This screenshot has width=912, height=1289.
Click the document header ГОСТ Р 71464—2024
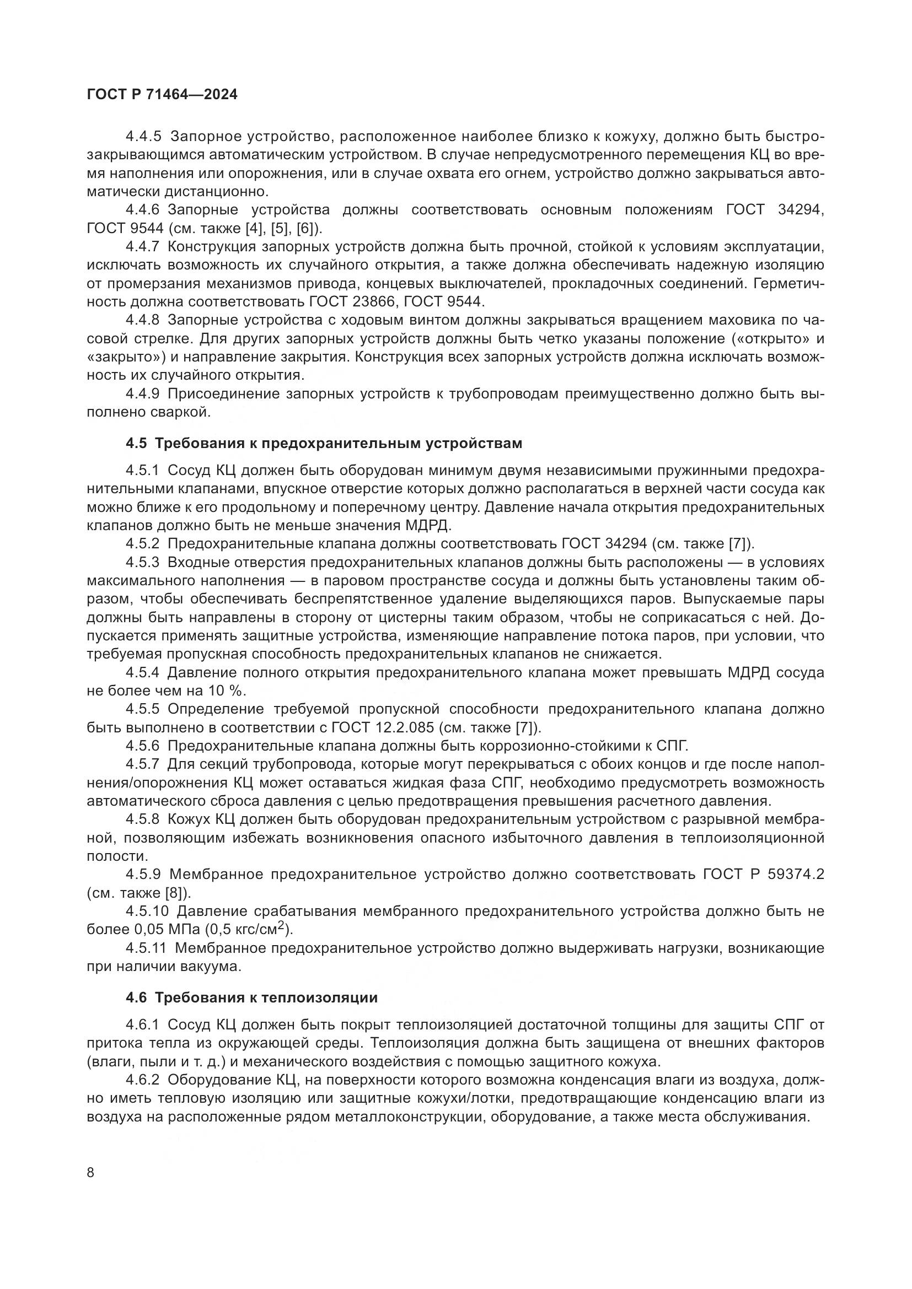pyautogui.click(x=162, y=95)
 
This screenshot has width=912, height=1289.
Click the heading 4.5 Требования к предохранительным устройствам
pyautogui.click(x=324, y=444)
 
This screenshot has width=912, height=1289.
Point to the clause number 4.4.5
pyautogui.click(x=143, y=137)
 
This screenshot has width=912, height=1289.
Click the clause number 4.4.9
pyautogui.click(x=143, y=394)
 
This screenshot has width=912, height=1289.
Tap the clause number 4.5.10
pyautogui.click(x=147, y=910)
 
